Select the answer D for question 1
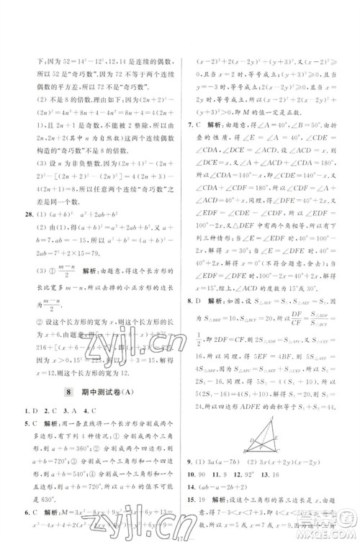33,410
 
